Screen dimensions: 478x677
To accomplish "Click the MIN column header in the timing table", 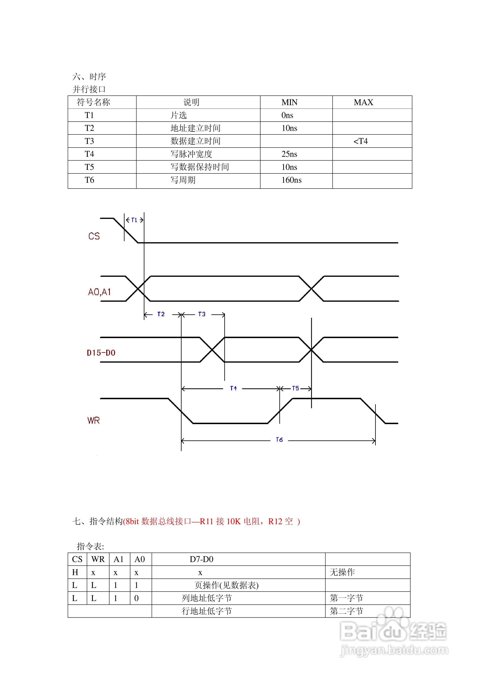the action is click(289, 102).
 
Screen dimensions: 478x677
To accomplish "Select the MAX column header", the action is click(363, 102).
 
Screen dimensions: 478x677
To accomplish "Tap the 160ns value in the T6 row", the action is click(291, 180).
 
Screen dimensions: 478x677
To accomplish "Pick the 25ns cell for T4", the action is click(289, 154).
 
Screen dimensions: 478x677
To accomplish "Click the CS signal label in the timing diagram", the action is click(94, 236).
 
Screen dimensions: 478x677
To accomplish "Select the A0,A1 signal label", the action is click(99, 292).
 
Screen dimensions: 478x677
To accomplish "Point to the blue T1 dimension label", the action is click(134, 220).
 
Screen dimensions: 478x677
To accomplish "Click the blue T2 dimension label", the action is click(161, 314).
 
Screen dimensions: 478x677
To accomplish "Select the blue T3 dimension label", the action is click(202, 314).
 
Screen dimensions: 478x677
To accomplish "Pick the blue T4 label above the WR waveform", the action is click(233, 388).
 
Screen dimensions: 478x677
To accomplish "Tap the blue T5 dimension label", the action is click(295, 388).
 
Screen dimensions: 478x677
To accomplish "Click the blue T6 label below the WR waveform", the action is click(279, 440).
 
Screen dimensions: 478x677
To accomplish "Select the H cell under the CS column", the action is click(75, 572).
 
